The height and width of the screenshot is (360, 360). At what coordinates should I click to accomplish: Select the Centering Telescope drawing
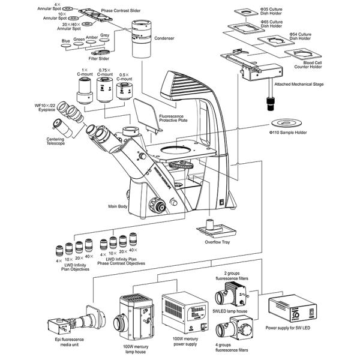(62, 127)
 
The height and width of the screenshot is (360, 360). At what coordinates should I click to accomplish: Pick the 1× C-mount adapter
(83, 92)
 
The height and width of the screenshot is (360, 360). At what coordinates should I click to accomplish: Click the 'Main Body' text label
(118, 207)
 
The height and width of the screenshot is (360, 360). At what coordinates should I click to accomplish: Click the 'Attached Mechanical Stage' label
(299, 85)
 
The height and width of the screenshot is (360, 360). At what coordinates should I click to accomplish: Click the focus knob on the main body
(159, 207)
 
